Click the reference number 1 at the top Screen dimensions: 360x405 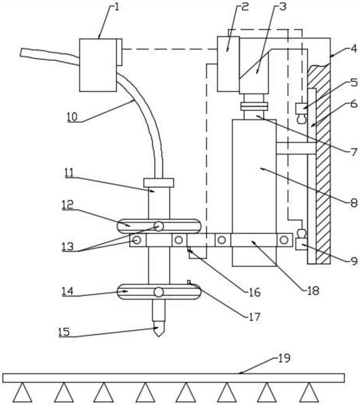pyautogui.click(x=117, y=7)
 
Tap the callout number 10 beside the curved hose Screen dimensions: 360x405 pyautogui.click(x=72, y=117)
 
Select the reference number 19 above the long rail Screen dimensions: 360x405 pyautogui.click(x=284, y=358)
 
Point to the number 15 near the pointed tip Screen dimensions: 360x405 pyautogui.click(x=64, y=332)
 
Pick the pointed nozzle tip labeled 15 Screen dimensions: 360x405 pyautogui.click(x=159, y=328)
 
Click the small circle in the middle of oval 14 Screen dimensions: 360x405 pyautogui.click(x=159, y=292)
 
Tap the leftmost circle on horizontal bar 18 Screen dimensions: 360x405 pyautogui.click(x=137, y=240)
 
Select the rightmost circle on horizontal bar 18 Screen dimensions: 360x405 pyautogui.click(x=284, y=240)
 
